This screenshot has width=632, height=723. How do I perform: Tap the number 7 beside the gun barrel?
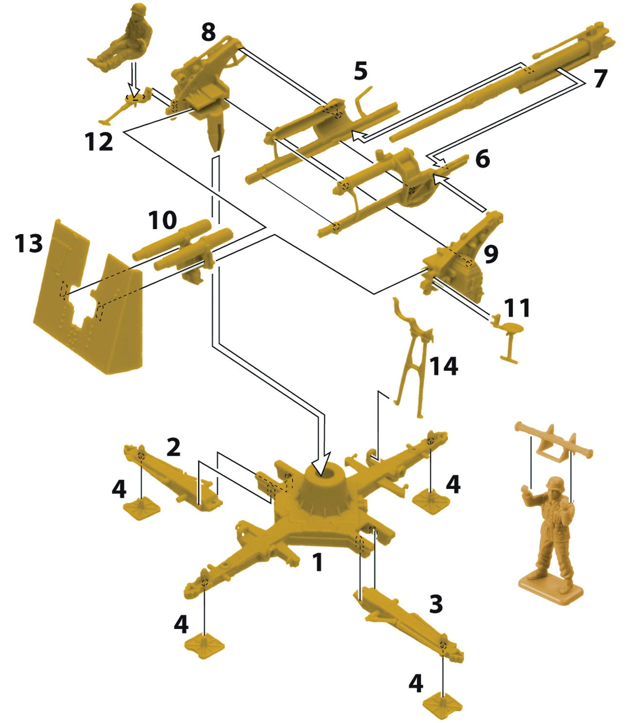(x=600, y=79)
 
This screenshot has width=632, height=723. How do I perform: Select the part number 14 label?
(x=444, y=366)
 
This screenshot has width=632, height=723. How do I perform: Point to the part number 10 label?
(x=163, y=220)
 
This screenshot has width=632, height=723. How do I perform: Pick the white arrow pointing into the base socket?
(x=323, y=462)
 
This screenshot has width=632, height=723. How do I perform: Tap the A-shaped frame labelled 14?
(x=414, y=360)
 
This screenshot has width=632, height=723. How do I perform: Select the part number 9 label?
(x=490, y=254)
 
